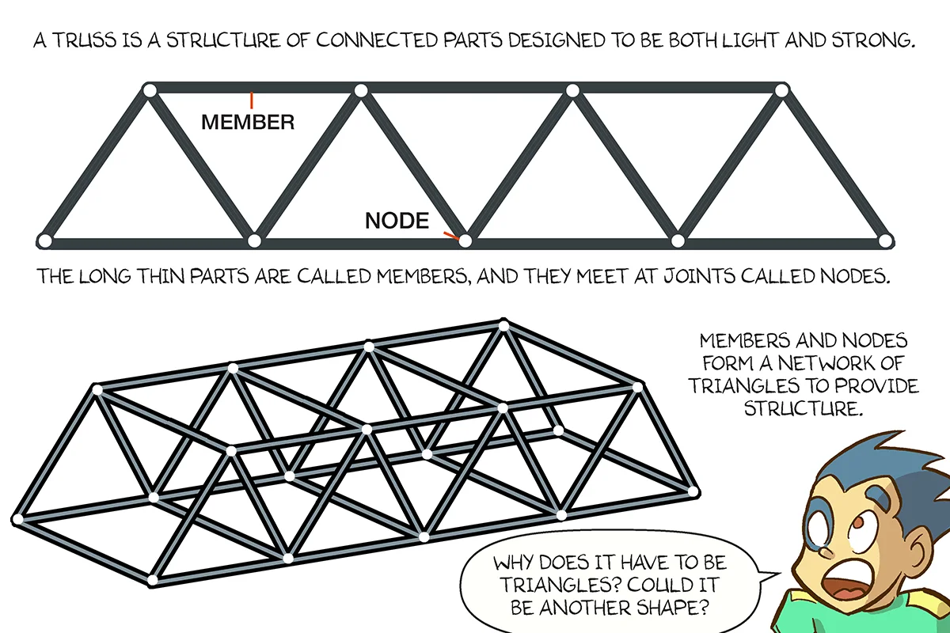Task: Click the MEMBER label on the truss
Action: (x=248, y=123)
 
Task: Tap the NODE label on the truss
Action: (x=397, y=221)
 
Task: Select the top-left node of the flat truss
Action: (x=149, y=90)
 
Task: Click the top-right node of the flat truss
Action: (x=781, y=91)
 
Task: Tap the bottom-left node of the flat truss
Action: (x=45, y=241)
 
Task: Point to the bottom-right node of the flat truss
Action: (x=886, y=240)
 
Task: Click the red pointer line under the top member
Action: (x=251, y=100)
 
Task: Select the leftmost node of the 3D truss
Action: (x=17, y=519)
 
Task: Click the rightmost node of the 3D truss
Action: (x=694, y=492)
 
